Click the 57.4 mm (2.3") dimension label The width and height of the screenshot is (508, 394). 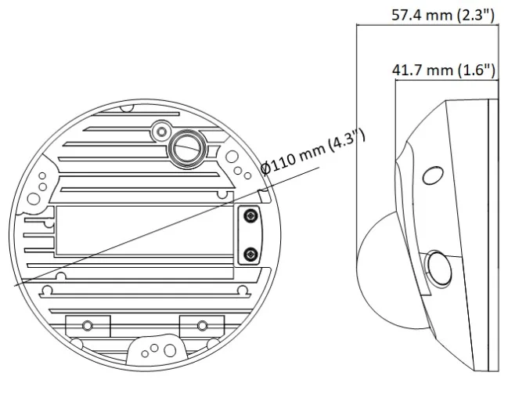(x=443, y=15)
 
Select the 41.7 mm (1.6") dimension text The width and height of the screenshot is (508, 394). (x=444, y=70)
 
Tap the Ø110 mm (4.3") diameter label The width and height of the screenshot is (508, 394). (x=313, y=152)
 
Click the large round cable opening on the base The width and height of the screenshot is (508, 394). (x=187, y=149)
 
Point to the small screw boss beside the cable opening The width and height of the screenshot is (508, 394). (x=162, y=132)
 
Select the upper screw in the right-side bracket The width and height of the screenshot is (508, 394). (x=250, y=215)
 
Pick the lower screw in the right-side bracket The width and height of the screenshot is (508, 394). (x=250, y=254)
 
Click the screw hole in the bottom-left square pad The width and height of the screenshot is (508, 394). (x=88, y=325)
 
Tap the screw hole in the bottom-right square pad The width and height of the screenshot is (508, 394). (x=203, y=325)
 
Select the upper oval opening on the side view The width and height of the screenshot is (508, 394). (x=433, y=175)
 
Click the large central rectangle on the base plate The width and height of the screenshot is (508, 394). (x=145, y=230)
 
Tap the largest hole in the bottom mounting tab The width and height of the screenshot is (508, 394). (x=169, y=350)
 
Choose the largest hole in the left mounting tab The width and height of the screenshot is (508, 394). (x=34, y=198)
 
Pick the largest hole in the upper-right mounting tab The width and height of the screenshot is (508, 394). (x=232, y=157)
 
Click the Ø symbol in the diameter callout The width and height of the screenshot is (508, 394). (x=265, y=168)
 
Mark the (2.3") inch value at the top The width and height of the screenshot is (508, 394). (x=476, y=15)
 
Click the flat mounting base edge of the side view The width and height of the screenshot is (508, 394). (x=493, y=235)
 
